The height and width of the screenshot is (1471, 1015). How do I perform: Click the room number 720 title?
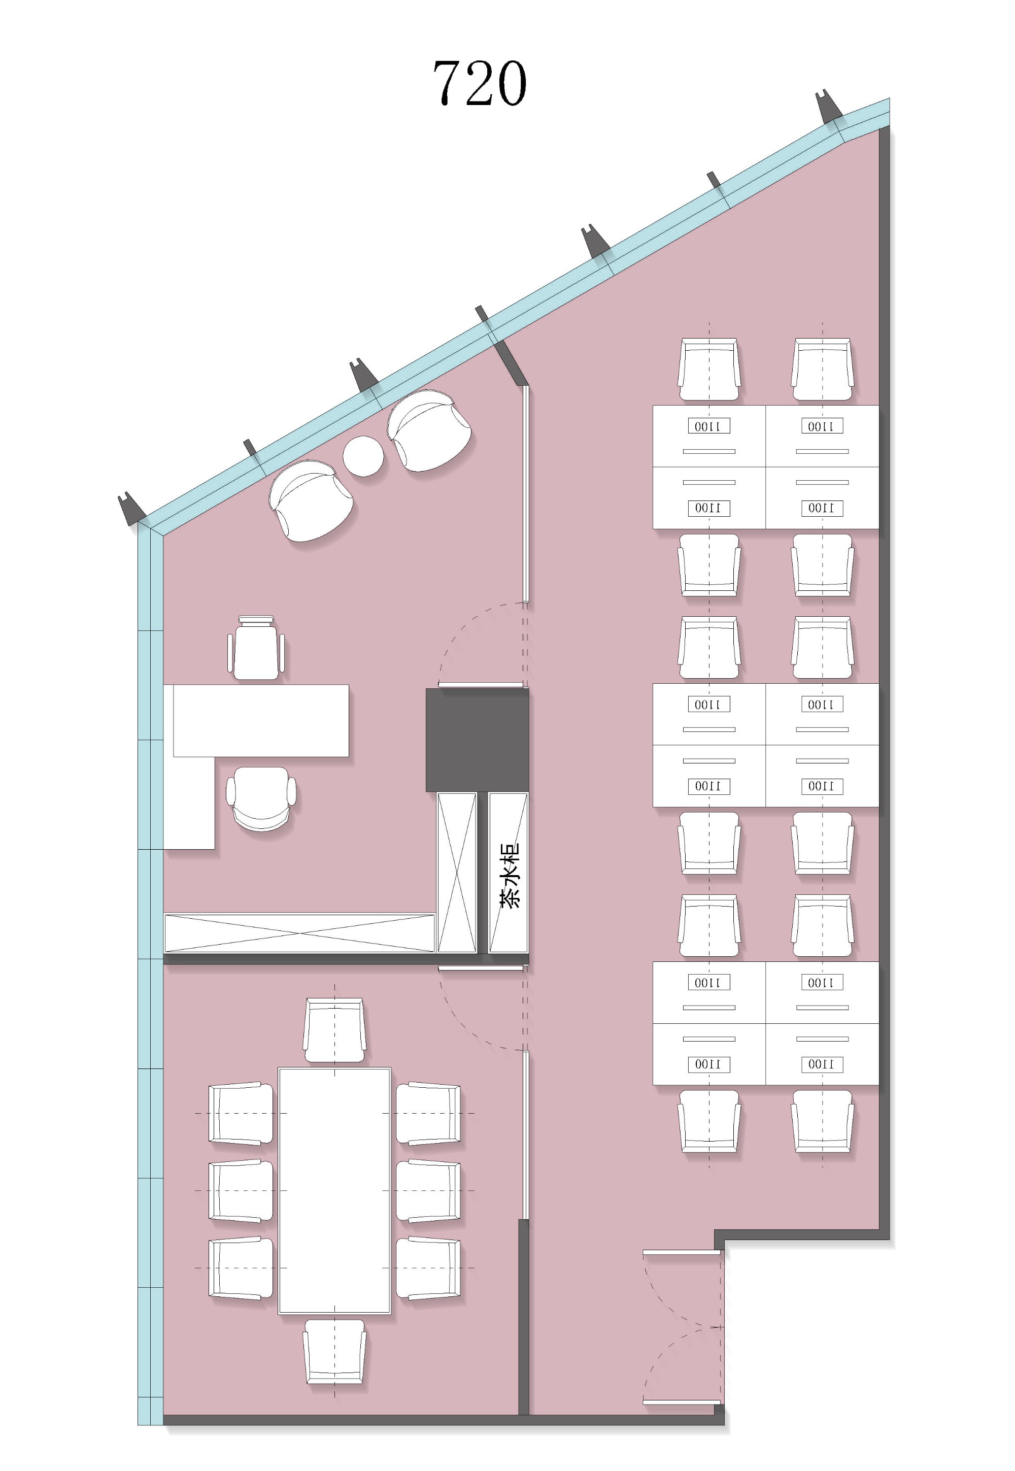coord(480,83)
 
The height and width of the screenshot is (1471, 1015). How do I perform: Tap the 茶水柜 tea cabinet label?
coord(510,875)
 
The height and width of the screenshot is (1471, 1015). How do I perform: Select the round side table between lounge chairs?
coord(363,455)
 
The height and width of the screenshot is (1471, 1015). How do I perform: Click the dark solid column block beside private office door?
coord(477,740)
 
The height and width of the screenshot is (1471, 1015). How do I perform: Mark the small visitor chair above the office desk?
coord(256,647)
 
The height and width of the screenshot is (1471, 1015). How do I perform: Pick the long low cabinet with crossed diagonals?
coord(299,933)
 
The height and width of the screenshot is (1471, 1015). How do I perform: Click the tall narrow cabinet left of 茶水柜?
coord(457,873)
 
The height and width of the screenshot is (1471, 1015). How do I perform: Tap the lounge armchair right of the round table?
coord(429,430)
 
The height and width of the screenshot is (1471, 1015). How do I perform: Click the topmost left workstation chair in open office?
coord(709,370)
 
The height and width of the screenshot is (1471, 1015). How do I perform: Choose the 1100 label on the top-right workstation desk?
coord(822,426)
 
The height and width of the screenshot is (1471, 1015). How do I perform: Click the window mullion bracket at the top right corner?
coord(829,106)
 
